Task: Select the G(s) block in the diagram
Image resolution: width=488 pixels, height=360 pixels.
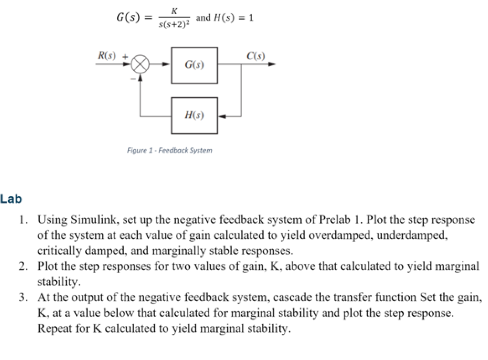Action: (x=194, y=65)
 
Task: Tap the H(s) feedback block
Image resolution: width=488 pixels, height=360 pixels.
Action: (x=194, y=115)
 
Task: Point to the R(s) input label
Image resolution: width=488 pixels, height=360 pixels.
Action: (x=107, y=55)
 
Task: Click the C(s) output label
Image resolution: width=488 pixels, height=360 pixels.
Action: (x=256, y=55)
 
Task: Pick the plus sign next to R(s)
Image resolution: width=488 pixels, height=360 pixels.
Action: (x=125, y=56)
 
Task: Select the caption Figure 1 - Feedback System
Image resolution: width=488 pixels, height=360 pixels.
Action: (x=170, y=150)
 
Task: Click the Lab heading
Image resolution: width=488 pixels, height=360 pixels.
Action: (x=11, y=199)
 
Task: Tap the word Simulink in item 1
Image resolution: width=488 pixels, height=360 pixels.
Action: (x=94, y=220)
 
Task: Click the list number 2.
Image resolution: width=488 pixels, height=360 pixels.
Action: (x=24, y=266)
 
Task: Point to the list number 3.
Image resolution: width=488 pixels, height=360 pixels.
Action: (x=24, y=297)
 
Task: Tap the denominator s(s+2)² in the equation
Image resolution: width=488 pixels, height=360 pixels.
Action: (x=173, y=24)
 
